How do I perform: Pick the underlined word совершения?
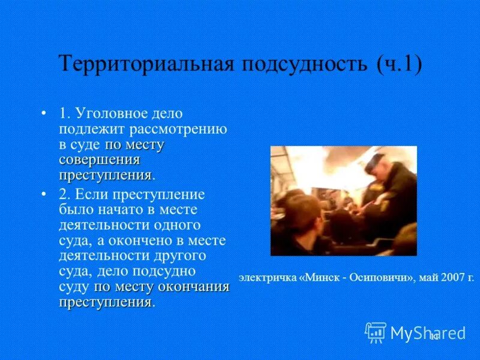[x=100, y=160]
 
